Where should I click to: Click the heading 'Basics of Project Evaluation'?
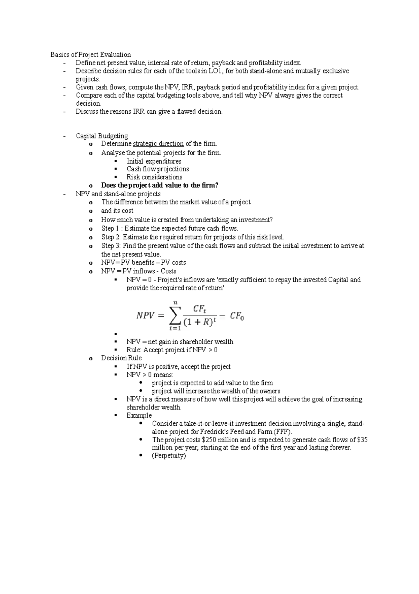[90, 55]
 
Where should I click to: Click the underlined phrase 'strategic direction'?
[158, 144]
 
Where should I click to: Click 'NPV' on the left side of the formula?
[145, 316]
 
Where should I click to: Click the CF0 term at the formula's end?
[237, 317]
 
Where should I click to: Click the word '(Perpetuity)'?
[169, 456]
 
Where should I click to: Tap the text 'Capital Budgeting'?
[102, 136]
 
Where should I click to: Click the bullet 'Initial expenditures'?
[154, 161]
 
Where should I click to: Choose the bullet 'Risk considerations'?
[154, 177]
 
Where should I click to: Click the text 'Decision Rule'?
[121, 358]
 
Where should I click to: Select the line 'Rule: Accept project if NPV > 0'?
[172, 350]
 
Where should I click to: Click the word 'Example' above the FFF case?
[139, 415]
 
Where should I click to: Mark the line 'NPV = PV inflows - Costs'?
[139, 271]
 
